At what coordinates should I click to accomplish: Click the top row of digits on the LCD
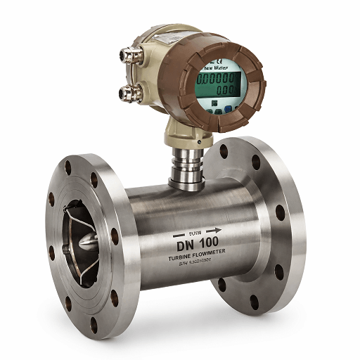pyautogui.click(x=217, y=79)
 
